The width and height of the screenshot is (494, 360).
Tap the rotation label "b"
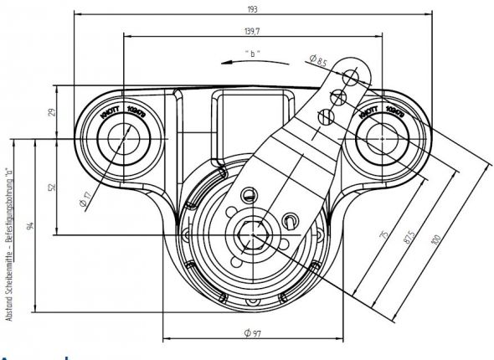[253, 54]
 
